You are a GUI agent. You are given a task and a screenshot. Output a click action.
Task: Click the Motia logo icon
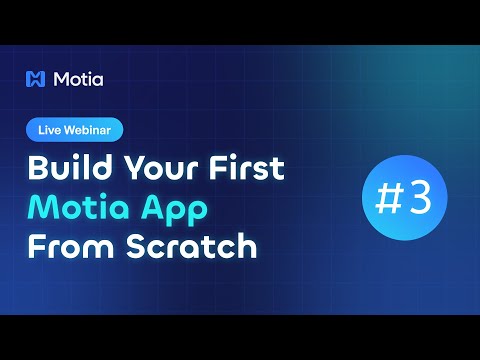tap(38, 79)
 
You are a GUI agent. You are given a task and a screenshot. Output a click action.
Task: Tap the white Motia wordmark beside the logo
tap(80, 79)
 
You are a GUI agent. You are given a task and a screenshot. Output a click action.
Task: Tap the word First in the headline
tap(246, 166)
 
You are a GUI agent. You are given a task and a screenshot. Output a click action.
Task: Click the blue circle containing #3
tap(405, 199)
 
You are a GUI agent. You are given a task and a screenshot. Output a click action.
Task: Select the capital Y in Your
tap(127, 166)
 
